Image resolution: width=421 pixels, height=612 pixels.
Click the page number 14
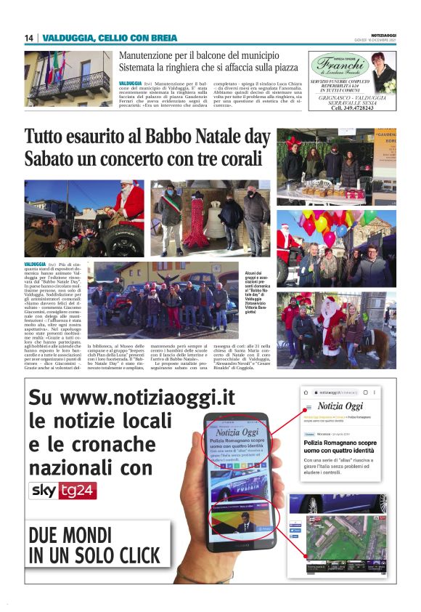point(28,38)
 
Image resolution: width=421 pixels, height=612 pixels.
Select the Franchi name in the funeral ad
point(339,63)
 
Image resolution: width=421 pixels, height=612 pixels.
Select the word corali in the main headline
point(234,159)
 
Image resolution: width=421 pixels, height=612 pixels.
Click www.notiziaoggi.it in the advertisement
point(133,399)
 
